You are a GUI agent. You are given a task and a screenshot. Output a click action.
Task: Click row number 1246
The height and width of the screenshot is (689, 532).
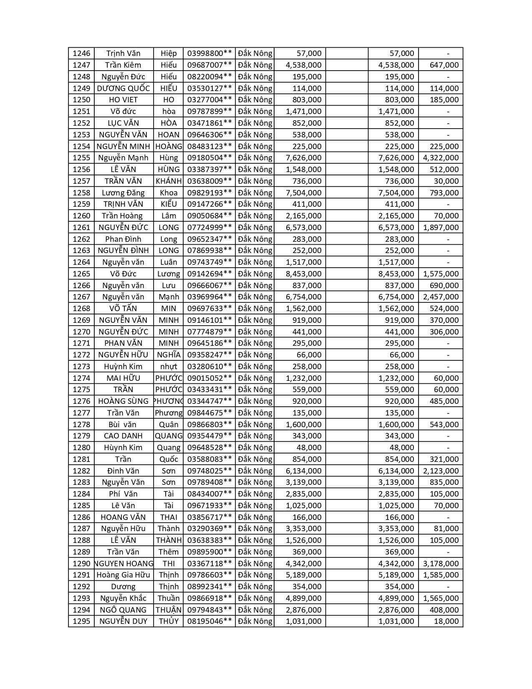(81, 53)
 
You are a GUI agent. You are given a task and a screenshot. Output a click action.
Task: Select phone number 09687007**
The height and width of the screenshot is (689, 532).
(209, 65)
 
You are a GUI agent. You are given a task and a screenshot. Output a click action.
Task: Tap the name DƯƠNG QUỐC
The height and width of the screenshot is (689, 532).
(123, 88)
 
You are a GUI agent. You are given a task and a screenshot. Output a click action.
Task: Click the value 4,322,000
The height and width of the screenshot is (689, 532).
(441, 158)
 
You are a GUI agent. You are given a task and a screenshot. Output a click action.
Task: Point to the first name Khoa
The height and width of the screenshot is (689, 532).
(169, 193)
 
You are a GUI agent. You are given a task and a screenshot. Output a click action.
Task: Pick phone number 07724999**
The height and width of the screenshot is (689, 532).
(209, 228)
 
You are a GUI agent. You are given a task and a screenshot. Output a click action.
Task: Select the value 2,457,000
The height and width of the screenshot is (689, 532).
(441, 297)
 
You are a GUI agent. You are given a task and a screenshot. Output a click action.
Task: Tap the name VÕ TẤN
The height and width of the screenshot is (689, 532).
(123, 309)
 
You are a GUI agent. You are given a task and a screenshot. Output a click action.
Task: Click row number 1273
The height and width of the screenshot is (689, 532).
(81, 367)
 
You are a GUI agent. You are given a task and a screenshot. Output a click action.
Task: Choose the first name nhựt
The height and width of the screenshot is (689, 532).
(169, 367)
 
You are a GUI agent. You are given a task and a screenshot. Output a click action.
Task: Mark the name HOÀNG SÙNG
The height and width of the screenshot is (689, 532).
(123, 401)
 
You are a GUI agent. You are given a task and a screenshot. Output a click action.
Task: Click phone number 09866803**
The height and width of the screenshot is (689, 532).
(209, 425)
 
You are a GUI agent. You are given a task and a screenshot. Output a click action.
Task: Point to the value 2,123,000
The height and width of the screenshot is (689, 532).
(441, 471)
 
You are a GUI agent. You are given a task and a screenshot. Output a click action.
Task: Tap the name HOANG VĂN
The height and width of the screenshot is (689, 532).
(123, 517)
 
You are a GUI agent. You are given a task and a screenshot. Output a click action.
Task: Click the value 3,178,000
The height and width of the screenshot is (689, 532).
(441, 564)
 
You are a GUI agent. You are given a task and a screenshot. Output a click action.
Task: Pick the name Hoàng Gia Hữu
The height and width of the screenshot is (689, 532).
(123, 575)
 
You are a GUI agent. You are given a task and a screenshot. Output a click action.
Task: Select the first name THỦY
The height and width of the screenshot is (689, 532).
(169, 621)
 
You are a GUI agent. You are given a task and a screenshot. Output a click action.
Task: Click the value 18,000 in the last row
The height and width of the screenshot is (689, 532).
(446, 621)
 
